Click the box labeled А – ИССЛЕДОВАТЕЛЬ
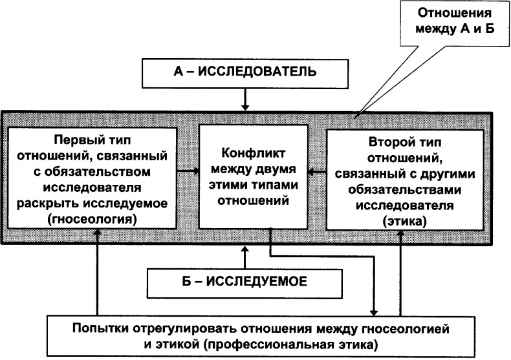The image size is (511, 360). click(x=245, y=72)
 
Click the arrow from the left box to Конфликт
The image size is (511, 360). click(x=188, y=172)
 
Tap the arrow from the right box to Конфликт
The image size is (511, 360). click(x=316, y=172)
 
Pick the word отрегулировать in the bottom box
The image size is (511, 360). click(x=188, y=328)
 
